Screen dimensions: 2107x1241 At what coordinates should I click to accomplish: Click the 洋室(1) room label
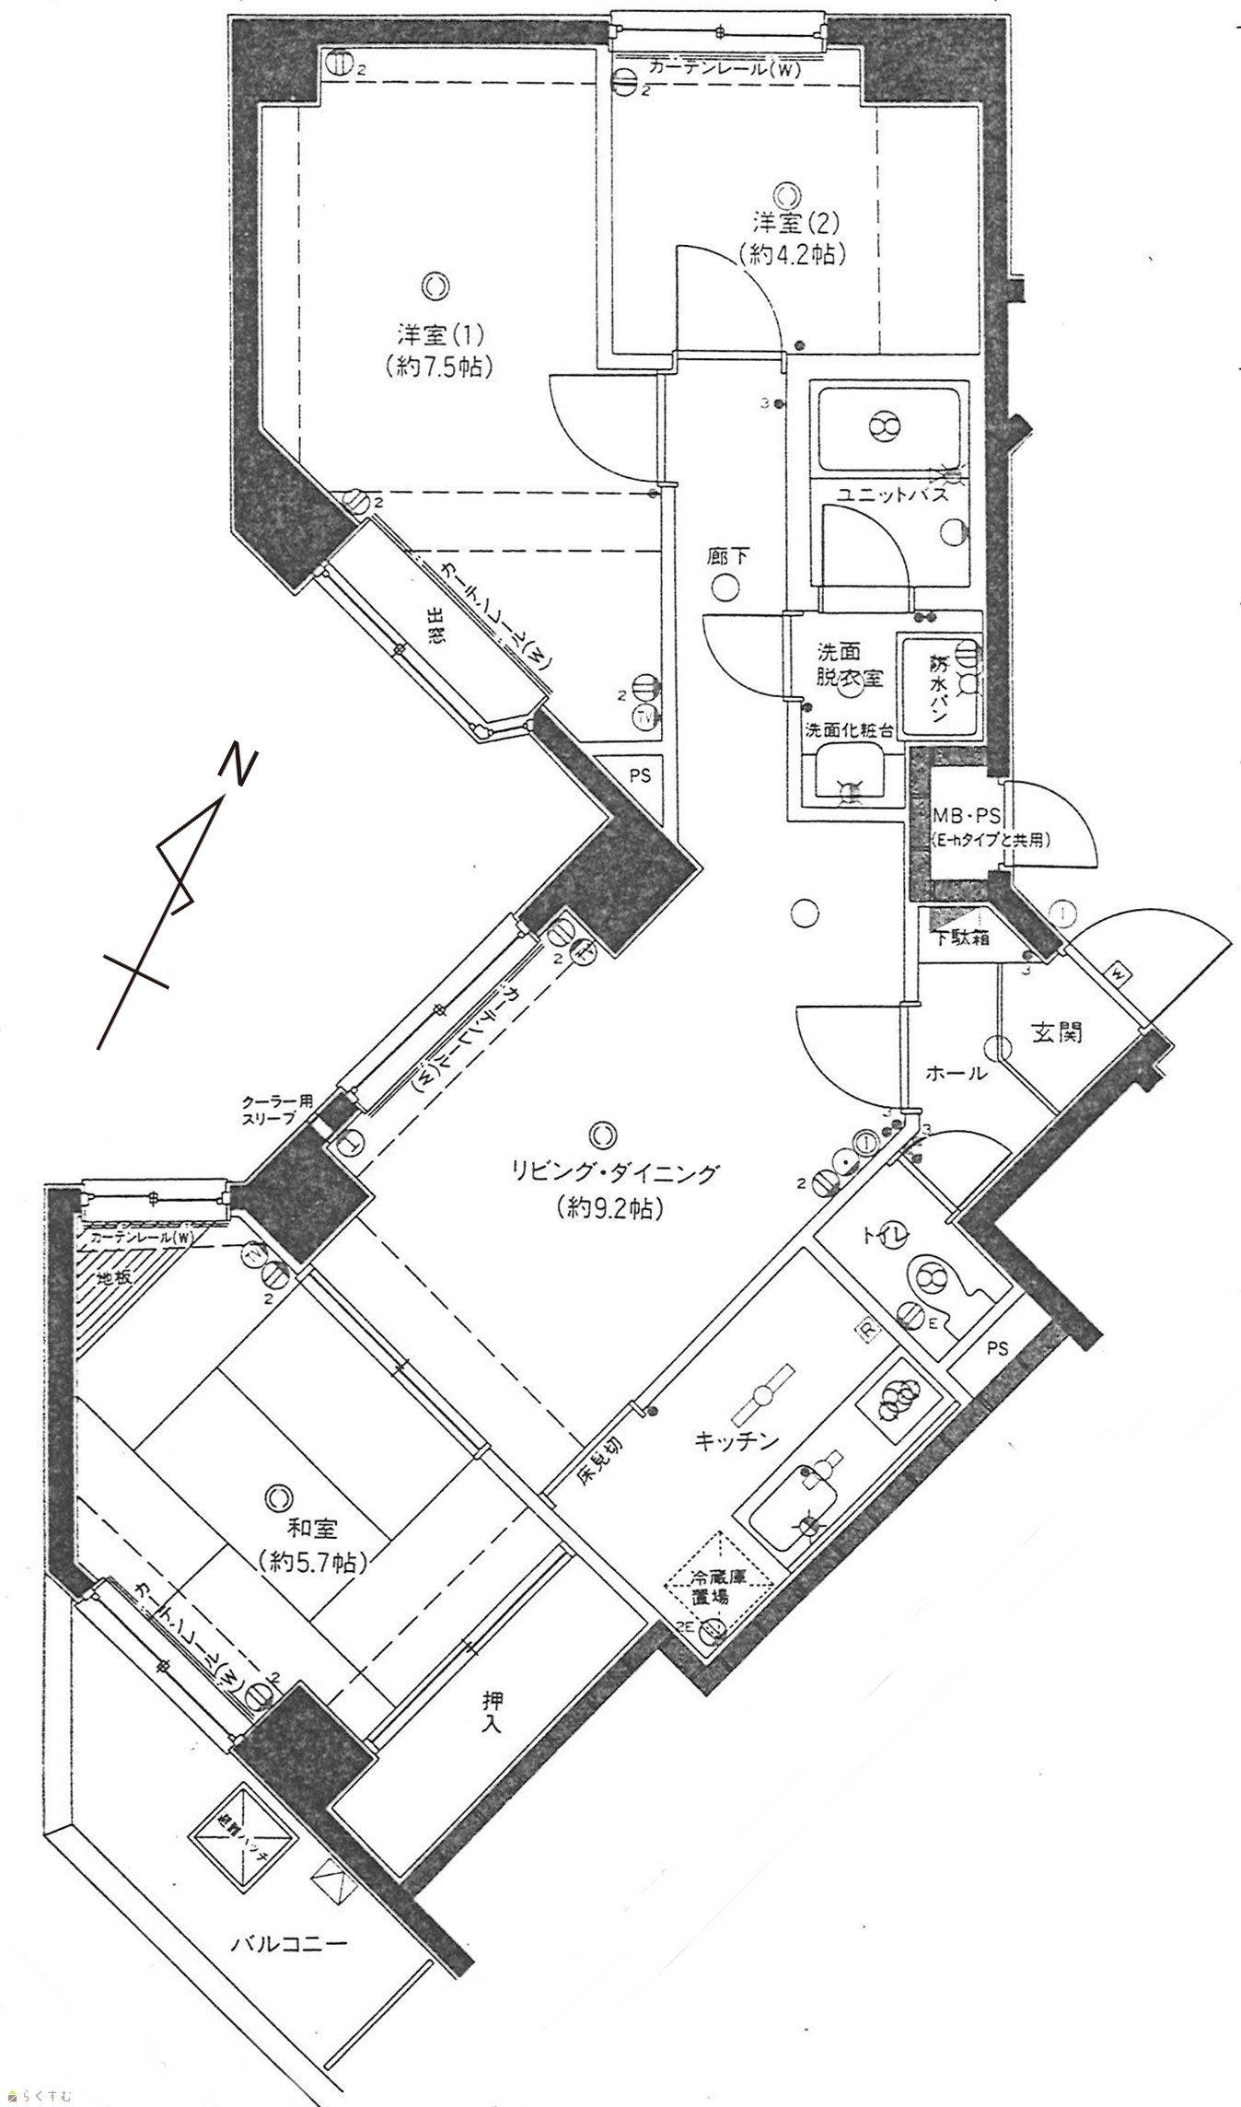435,332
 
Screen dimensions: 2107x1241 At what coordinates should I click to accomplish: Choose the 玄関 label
1055,1033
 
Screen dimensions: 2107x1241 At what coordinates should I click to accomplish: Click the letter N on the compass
239,764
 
